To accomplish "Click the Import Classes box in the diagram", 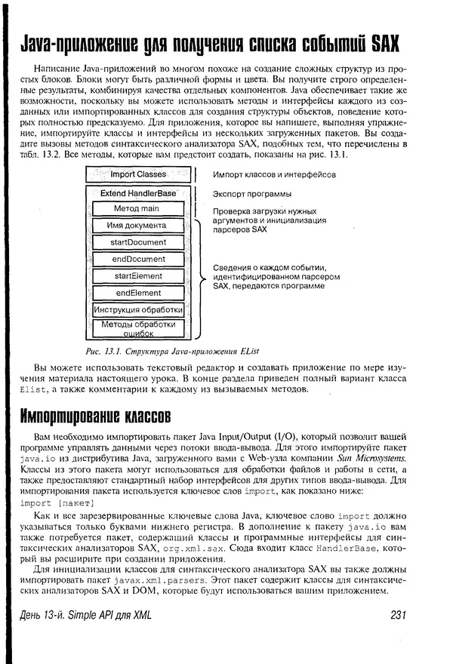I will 138,174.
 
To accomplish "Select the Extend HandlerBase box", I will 138,193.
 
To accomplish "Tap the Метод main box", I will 137,208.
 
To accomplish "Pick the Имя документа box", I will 137,226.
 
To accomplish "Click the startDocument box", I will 137,242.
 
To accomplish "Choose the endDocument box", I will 137,259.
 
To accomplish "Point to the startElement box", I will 137,276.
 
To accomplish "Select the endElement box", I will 137,293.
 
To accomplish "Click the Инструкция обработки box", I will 137,310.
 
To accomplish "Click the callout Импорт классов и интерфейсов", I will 274,174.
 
